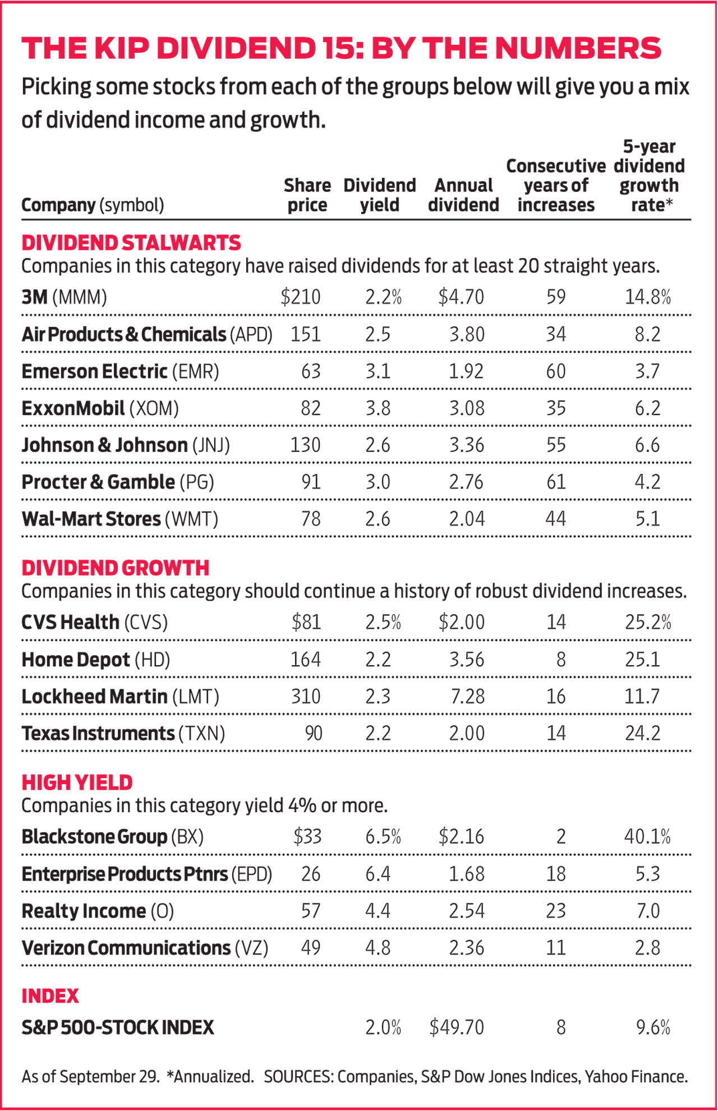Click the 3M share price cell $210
pos(301,297)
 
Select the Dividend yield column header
pos(379,195)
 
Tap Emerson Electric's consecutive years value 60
pos(556,371)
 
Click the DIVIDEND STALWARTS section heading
pos(131,243)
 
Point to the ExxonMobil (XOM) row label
pos(100,408)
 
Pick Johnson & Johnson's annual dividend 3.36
pos(466,445)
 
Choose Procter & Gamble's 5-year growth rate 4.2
pos(647,482)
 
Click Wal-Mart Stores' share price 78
pos(311,519)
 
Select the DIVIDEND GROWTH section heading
pos(115,568)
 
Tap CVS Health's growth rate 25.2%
pos(648,623)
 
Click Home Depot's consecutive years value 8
pos(560,660)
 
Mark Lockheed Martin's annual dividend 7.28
pos(467,697)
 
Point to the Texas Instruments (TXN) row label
pos(123,734)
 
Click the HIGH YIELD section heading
pos(77,782)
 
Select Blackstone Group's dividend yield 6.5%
pos(383,837)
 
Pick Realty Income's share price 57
pos(311,911)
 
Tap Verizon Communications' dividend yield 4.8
pos(378,948)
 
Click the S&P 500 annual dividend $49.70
pos(456,1027)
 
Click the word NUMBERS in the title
pos(578,48)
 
